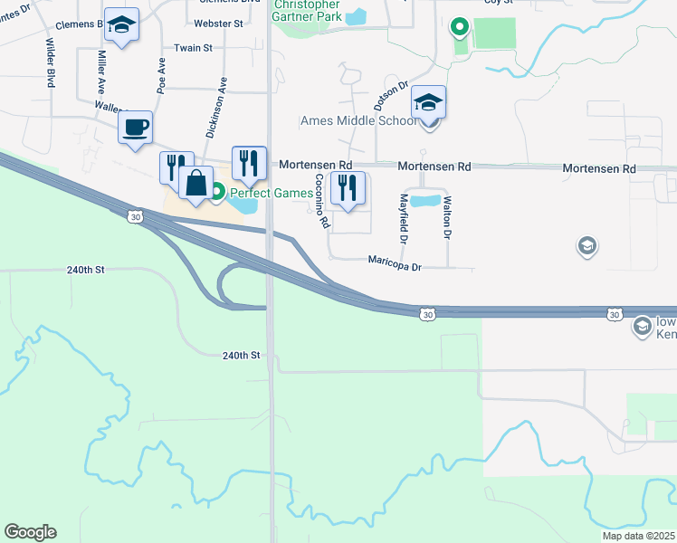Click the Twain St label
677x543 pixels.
194,47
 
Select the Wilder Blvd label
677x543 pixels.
52,62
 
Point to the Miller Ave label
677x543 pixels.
101,72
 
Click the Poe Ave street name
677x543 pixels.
162,76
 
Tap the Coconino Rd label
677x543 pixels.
320,202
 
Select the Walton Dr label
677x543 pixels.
447,218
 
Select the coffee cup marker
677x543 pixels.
135,129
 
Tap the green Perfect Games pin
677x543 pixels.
217,193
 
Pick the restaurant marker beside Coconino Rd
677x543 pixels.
348,189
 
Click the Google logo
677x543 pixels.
30,532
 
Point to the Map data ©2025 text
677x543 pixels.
638,536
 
